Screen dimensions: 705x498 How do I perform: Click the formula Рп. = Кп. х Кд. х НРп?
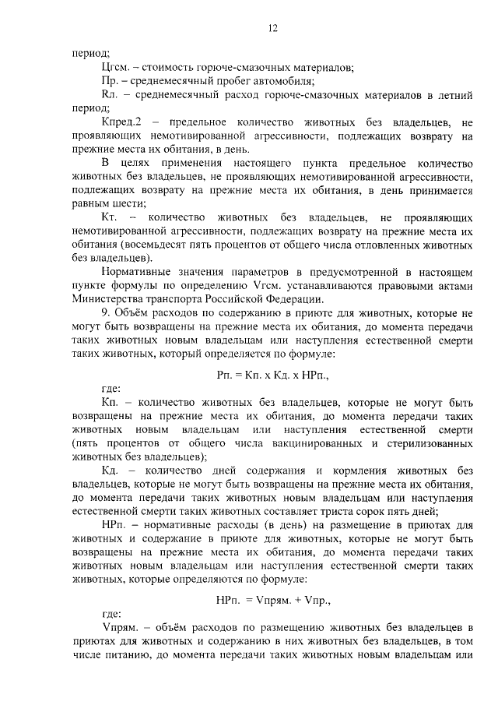pos(273,375)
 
